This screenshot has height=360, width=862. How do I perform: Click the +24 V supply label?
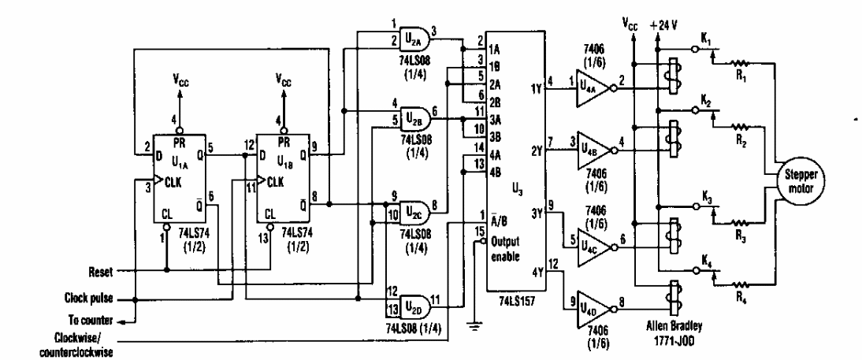click(x=663, y=24)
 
